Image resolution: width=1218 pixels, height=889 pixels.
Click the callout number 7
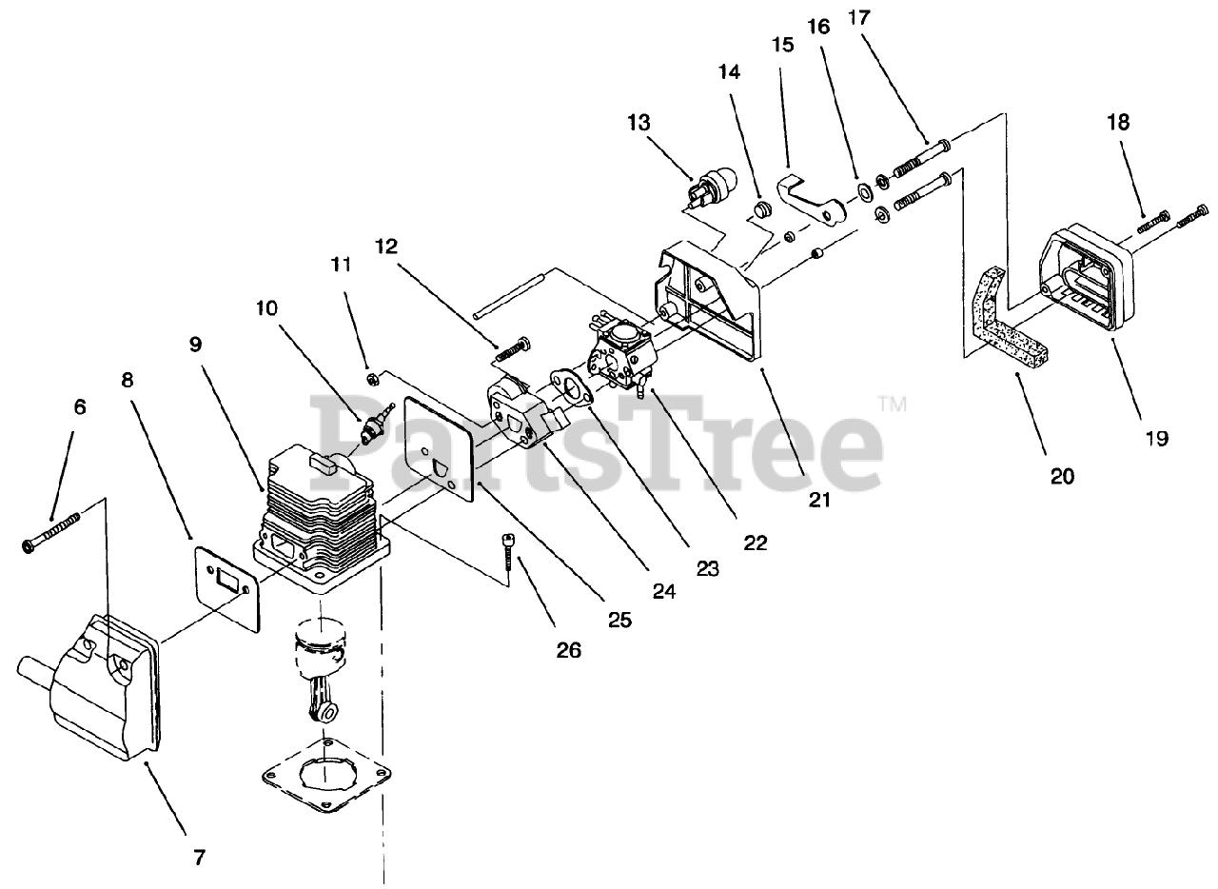click(198, 857)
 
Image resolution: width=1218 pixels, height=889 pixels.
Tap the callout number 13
click(638, 122)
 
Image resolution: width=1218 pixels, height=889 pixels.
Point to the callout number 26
click(570, 650)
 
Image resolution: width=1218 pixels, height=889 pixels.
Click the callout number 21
click(819, 498)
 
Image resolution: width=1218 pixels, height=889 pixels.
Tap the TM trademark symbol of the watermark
click(894, 405)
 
